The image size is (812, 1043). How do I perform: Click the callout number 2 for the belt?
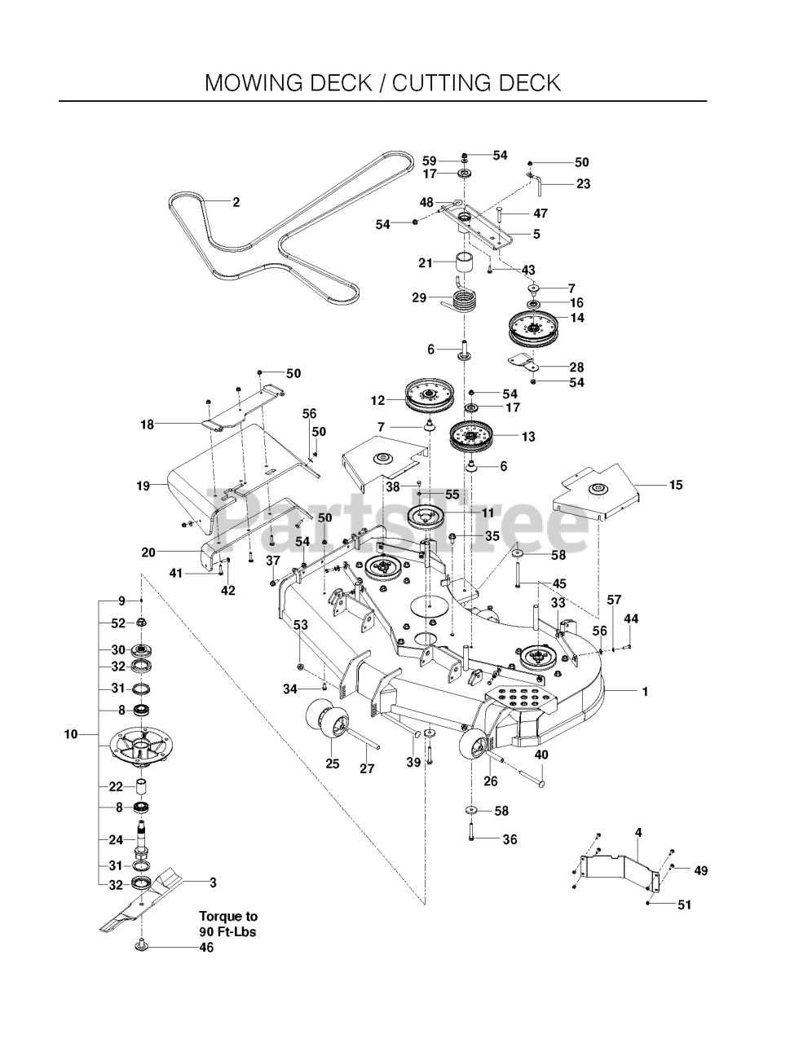click(236, 203)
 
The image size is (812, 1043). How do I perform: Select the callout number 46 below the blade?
click(206, 948)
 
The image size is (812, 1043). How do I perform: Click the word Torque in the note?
click(223, 916)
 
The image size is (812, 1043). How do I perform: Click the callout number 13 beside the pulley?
click(528, 437)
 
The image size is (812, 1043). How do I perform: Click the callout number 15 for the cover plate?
click(676, 485)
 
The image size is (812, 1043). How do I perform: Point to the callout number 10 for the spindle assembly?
click(71, 734)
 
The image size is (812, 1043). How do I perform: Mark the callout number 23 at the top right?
click(583, 184)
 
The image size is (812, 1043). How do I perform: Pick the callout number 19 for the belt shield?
click(143, 486)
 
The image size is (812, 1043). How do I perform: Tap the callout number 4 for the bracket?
click(638, 832)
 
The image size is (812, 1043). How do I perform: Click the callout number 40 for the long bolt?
click(541, 755)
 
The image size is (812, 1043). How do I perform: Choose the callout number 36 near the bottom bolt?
click(510, 839)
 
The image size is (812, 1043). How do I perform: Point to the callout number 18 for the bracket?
click(147, 424)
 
